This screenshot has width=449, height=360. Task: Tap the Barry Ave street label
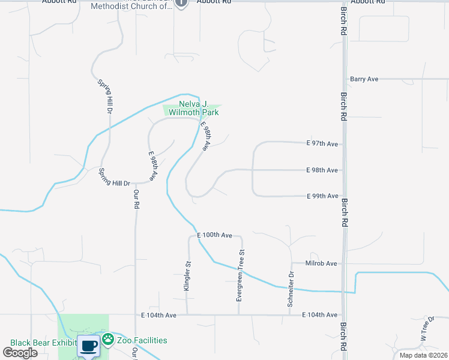point(364,79)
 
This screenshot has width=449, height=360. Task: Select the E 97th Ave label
point(322,143)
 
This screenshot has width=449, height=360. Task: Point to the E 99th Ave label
point(322,196)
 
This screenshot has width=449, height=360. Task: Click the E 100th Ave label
point(214,235)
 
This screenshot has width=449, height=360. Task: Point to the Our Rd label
point(136,199)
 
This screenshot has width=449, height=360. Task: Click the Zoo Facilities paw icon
point(108,340)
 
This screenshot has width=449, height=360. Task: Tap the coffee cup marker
point(89,346)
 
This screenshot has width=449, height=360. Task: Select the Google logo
point(20,353)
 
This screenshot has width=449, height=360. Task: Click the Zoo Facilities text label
point(142,340)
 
